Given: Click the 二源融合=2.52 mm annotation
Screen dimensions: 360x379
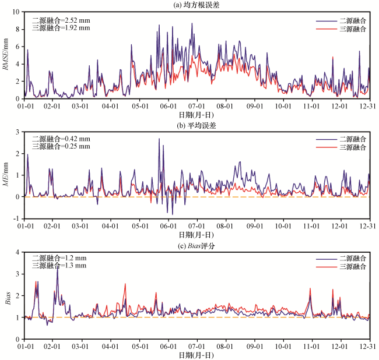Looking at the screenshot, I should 61,20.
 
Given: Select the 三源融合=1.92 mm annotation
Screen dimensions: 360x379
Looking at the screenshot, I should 61,27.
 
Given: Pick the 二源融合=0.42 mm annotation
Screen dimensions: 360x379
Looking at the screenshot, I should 61,139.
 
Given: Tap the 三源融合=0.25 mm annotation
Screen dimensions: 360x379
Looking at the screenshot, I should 61,146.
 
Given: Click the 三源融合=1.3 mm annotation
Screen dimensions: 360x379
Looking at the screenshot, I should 59,266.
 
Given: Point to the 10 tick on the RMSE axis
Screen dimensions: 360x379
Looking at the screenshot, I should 17,12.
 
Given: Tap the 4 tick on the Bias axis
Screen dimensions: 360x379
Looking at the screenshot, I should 18,252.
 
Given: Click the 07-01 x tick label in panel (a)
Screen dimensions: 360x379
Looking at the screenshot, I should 197,105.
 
